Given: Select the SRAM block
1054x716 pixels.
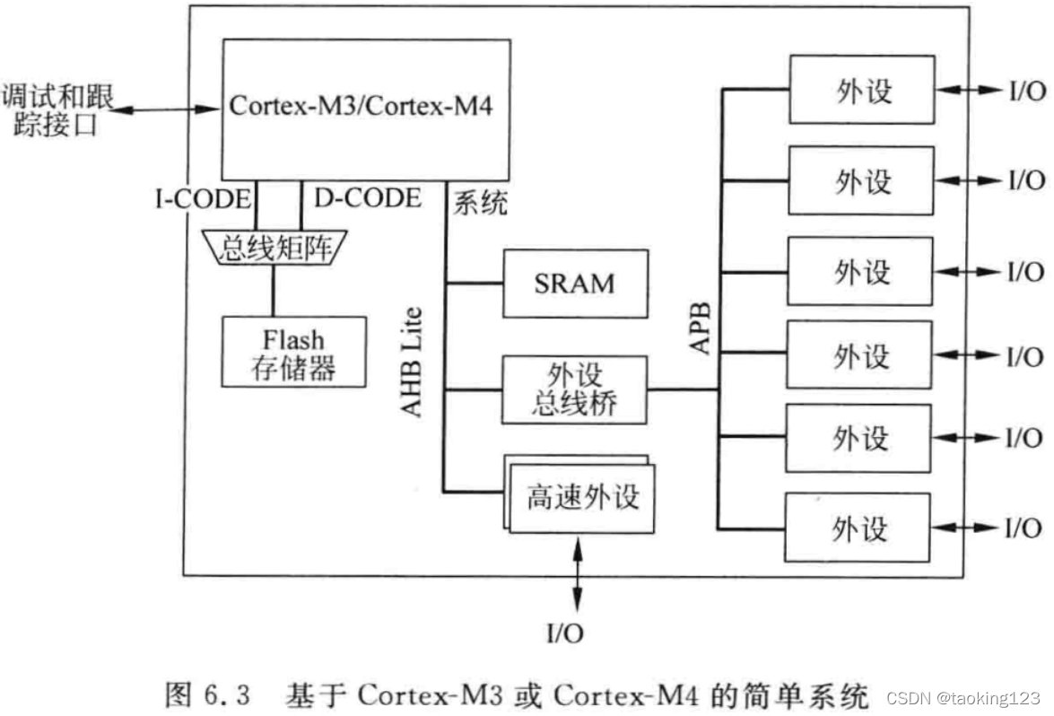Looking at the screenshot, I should (x=574, y=283).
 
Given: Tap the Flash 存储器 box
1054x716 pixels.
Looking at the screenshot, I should (x=293, y=352).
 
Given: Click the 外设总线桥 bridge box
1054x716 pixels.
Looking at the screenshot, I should (x=574, y=389).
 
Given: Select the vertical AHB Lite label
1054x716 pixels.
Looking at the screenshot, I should (x=411, y=362).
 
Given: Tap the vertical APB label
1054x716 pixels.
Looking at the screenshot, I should (x=701, y=328).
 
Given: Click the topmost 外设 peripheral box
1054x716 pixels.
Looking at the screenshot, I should (x=860, y=90).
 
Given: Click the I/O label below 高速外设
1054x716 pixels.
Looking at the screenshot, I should (x=564, y=634).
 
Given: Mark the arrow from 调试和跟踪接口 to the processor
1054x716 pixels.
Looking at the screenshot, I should (x=167, y=109).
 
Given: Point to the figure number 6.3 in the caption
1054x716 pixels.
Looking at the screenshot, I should (x=228, y=695).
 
